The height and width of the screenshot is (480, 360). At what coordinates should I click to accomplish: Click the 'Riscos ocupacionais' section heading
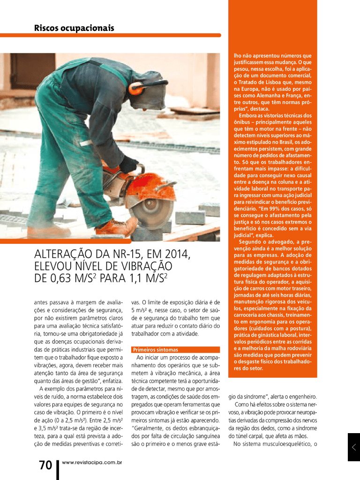point(74,28)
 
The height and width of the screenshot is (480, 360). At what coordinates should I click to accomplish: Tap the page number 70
point(45,465)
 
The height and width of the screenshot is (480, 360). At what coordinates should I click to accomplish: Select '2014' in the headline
point(176,255)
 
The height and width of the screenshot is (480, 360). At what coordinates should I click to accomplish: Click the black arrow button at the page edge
point(354,447)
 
